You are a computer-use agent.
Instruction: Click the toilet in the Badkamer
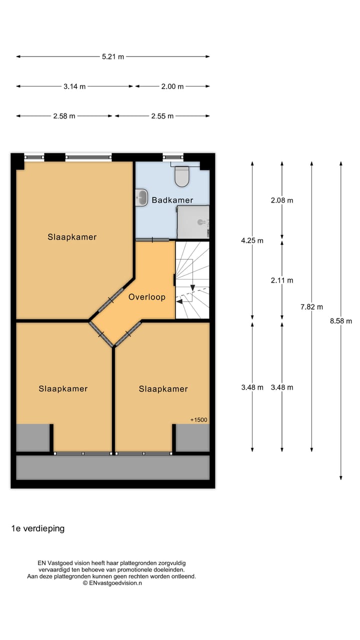click(x=181, y=176)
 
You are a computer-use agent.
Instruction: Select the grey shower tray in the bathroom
click(x=193, y=222)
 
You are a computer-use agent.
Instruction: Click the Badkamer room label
click(x=172, y=200)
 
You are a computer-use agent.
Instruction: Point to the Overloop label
click(x=146, y=297)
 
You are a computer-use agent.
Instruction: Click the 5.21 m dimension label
click(x=113, y=56)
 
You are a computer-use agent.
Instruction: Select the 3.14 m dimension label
click(x=74, y=86)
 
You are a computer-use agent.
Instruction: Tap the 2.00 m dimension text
click(x=172, y=86)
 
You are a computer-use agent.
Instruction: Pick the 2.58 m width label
click(x=64, y=116)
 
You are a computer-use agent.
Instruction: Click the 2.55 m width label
click(x=162, y=116)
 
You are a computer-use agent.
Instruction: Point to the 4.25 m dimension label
click(x=252, y=240)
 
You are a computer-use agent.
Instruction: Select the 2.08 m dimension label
click(x=282, y=200)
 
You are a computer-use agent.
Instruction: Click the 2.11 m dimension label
click(x=282, y=280)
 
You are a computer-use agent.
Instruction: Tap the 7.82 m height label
click(x=311, y=307)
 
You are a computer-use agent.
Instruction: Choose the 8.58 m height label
click(x=341, y=321)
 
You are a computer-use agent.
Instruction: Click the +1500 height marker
click(x=198, y=420)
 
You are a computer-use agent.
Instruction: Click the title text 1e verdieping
click(x=38, y=528)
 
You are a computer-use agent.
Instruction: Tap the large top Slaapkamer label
click(x=72, y=237)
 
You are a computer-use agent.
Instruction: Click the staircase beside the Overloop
click(x=192, y=280)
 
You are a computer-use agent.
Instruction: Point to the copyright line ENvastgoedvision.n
click(x=112, y=583)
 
